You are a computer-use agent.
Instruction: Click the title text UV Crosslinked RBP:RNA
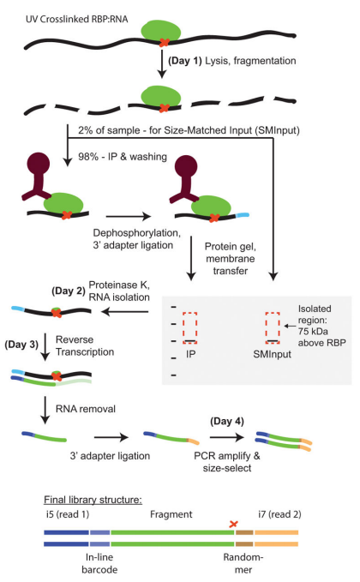pos(77,19)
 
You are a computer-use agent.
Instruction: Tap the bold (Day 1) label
pos(185,61)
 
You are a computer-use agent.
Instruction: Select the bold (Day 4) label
pos(227,421)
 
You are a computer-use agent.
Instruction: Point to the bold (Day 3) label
pos(21,345)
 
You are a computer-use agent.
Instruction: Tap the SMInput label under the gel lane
pos(272,354)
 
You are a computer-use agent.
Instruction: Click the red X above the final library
pos(233,524)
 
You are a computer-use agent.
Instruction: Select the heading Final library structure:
pos(93,500)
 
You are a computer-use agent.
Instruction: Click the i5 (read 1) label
pos(68,514)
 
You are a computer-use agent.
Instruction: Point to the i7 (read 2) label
pos(279,514)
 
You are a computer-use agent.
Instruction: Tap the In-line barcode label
pos(99,563)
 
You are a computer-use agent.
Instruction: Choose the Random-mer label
pos(243,563)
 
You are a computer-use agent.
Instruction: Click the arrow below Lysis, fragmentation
pos(161,63)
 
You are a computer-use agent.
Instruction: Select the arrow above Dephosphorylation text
pos(129,216)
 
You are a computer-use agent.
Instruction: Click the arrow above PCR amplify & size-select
pos(227,438)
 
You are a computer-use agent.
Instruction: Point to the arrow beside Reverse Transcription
pos(45,346)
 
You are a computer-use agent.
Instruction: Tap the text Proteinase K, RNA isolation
pos(119,291)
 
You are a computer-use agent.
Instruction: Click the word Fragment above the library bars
pos(171,514)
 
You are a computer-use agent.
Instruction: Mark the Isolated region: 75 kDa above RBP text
pos(321,326)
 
